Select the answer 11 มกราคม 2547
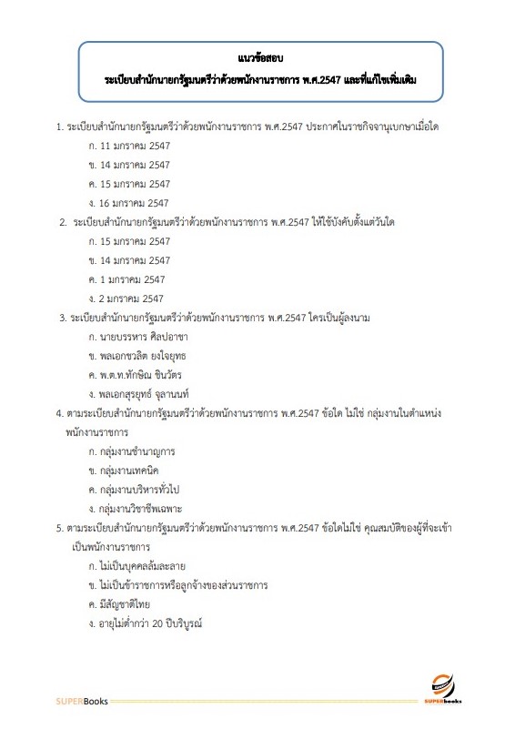(x=134, y=145)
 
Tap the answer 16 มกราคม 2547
(x=134, y=202)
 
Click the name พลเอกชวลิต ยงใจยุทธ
(x=143, y=355)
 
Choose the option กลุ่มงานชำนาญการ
(x=136, y=451)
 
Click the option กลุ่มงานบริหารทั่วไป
(x=141, y=489)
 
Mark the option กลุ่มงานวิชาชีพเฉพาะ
(x=143, y=508)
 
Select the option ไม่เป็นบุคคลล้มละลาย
(x=145, y=565)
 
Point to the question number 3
(x=60, y=317)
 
